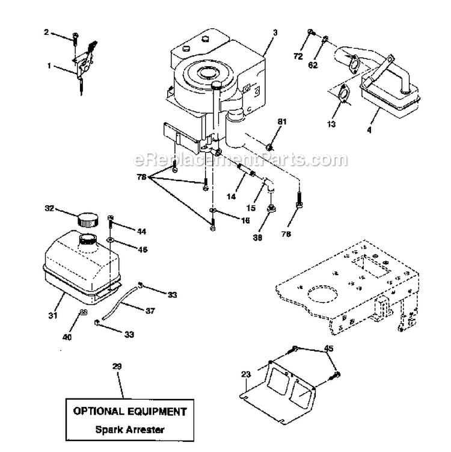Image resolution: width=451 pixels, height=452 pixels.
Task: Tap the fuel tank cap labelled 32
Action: point(88,218)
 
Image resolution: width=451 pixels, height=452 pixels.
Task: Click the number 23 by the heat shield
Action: point(245,374)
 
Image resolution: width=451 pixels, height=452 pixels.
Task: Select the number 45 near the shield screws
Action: point(328,347)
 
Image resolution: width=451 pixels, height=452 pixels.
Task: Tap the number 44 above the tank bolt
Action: point(141,231)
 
